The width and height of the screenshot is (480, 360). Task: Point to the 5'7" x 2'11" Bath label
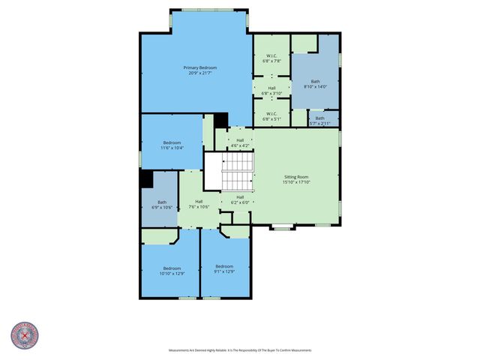(320, 118)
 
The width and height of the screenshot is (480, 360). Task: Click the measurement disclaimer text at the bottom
(240, 350)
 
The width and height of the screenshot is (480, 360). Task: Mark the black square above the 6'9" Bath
(147, 180)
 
